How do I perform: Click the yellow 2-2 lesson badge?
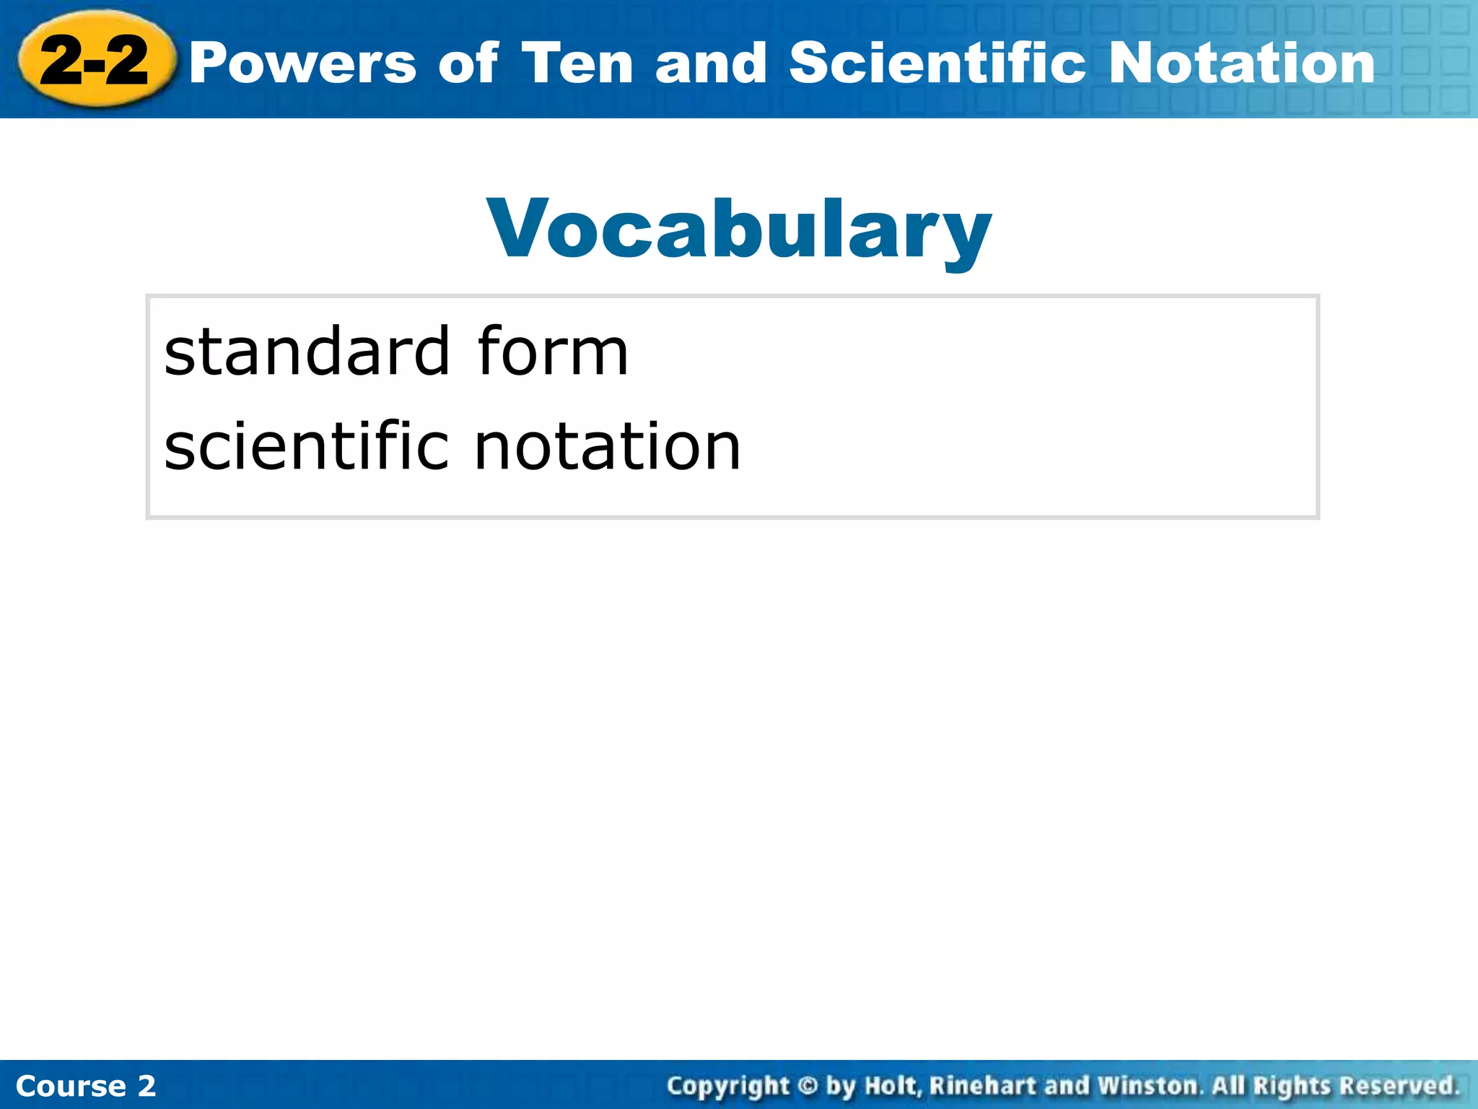pos(95,61)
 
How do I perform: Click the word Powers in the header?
pos(303,64)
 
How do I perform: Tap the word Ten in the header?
pos(577,64)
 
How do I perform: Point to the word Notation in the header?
pos(1241,64)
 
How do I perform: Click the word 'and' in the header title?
pos(711,64)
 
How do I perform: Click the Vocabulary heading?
pos(739,229)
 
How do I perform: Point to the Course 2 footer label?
pos(85,1086)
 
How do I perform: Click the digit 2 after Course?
pos(147,1086)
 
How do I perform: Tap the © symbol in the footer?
pos(808,1086)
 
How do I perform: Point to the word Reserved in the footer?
pos(1399,1086)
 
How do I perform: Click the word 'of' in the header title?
pos(468,64)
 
